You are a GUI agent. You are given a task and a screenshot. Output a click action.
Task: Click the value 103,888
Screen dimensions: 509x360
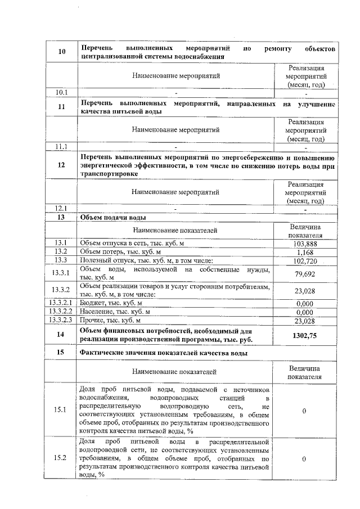click(x=304, y=244)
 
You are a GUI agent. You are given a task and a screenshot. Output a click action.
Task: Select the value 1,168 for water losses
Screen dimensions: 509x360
click(x=304, y=252)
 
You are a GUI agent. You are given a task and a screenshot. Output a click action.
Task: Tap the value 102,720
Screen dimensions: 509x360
click(x=304, y=260)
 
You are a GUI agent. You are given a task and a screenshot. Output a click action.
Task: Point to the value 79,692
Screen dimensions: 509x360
click(x=304, y=273)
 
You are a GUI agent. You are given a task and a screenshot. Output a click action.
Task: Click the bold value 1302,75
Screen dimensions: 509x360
click(x=304, y=335)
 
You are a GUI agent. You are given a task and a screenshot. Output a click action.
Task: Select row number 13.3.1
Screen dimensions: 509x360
click(x=61, y=273)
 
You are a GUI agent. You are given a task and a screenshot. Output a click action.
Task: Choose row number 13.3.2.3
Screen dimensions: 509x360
click(x=61, y=320)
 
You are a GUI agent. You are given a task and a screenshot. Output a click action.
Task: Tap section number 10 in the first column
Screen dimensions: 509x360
click(x=61, y=52)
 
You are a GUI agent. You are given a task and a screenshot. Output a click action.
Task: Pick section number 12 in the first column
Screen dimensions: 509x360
click(x=61, y=165)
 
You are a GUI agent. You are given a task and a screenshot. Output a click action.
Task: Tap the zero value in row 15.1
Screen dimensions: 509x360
click(x=304, y=411)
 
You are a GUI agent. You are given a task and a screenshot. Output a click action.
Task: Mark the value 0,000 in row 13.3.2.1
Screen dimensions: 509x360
click(x=304, y=303)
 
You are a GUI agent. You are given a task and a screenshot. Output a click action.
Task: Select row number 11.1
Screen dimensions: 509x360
click(x=61, y=147)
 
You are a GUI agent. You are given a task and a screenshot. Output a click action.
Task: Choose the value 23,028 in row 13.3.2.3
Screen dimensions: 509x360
click(x=304, y=320)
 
